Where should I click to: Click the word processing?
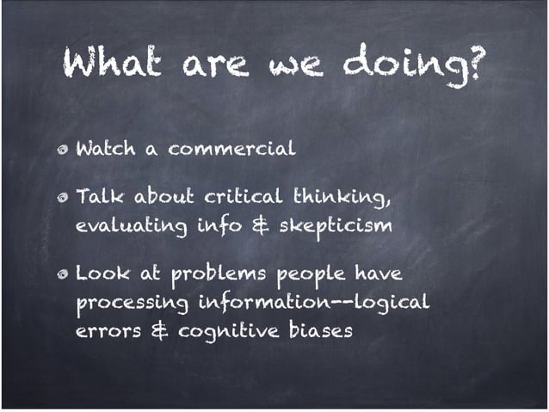pyautogui.click(x=133, y=305)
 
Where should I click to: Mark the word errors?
pyautogui.click(x=106, y=330)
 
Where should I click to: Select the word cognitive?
pyautogui.click(x=229, y=331)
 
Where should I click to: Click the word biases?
pyautogui.click(x=322, y=330)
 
